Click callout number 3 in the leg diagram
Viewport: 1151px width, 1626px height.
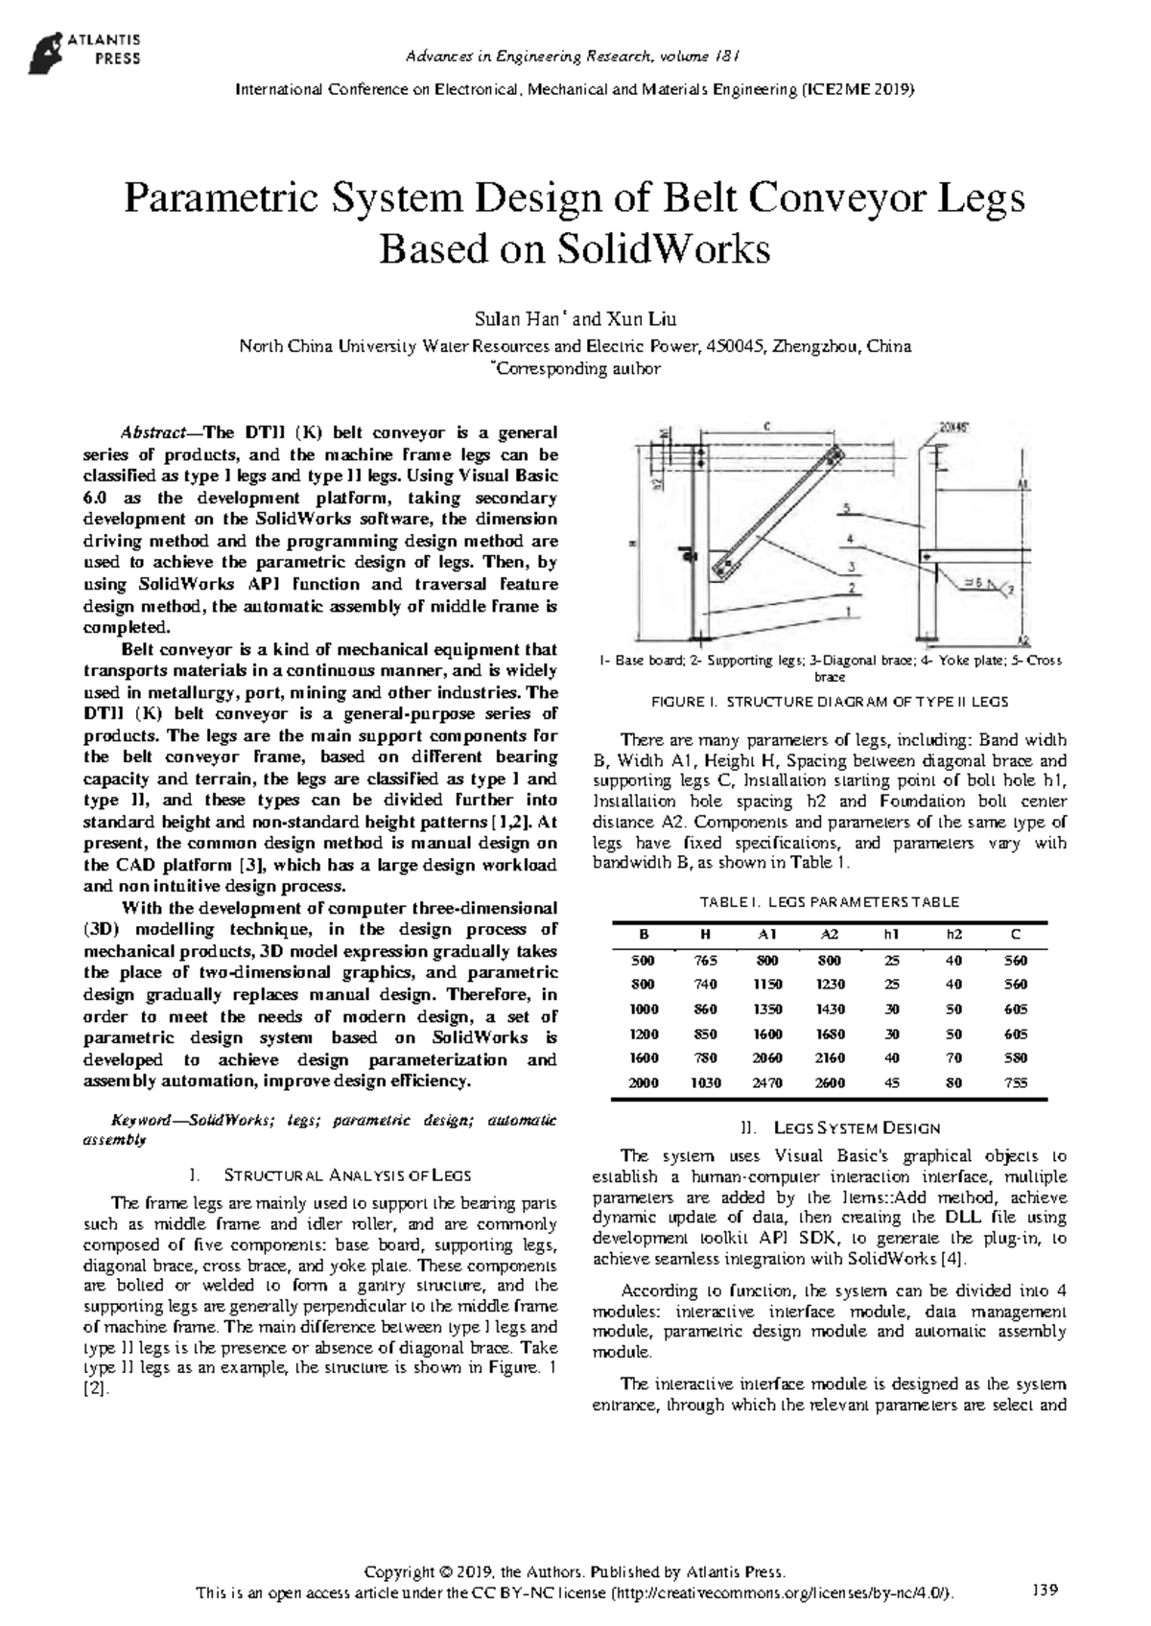click(x=849, y=567)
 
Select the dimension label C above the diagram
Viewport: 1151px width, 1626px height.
click(x=768, y=427)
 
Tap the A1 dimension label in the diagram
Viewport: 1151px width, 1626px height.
click(x=1023, y=485)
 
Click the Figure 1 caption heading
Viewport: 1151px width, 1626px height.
click(x=830, y=702)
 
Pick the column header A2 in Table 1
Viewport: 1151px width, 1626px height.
click(x=830, y=935)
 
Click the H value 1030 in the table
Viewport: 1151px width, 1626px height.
click(x=706, y=1082)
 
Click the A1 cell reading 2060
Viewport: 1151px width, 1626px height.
click(x=768, y=1058)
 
